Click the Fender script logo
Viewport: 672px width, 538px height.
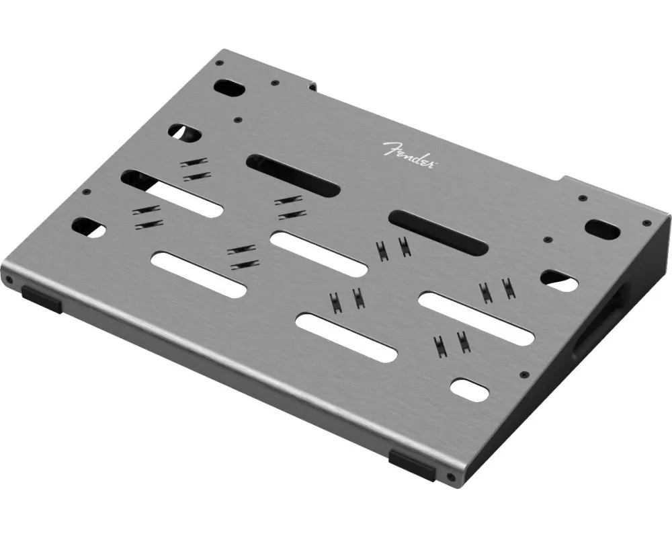[407, 155]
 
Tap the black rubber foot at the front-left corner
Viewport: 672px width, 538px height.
[42, 299]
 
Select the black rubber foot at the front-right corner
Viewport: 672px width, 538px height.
[412, 465]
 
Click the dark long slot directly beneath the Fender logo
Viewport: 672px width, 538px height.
[293, 175]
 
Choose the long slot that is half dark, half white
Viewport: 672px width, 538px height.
[172, 194]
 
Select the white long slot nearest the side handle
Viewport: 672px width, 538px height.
[476, 318]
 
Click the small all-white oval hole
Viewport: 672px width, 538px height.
[470, 389]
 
